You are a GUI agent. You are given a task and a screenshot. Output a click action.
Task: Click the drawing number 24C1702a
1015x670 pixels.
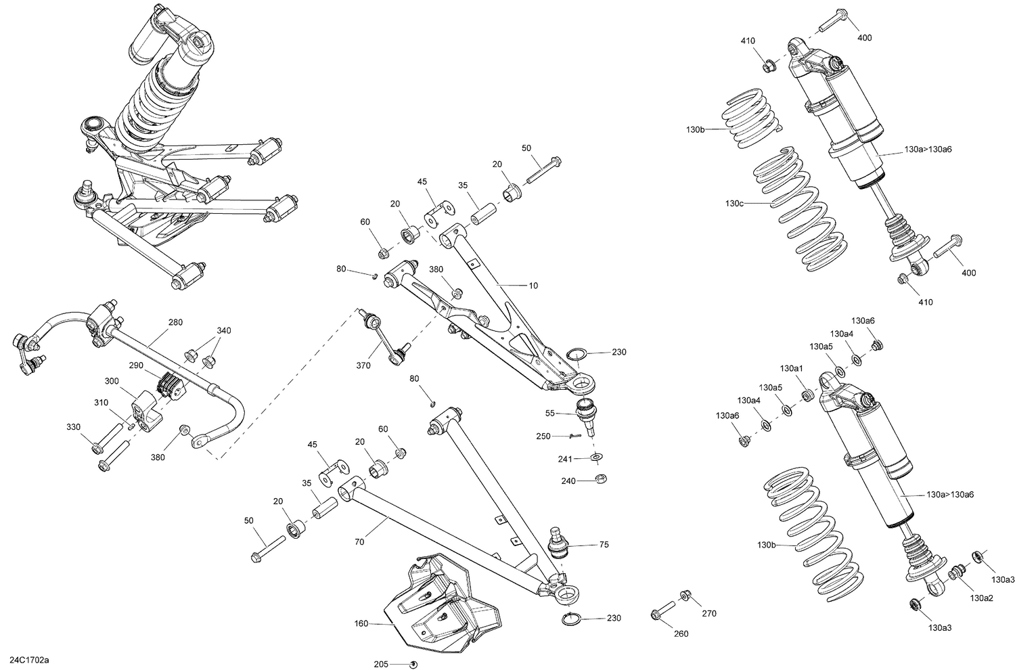pos(32,658)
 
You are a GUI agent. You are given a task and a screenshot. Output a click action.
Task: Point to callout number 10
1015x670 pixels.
pos(533,286)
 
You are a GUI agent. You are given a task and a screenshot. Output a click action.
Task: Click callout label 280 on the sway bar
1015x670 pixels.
pos(175,322)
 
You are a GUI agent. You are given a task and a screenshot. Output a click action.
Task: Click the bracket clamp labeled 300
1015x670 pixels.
pos(146,410)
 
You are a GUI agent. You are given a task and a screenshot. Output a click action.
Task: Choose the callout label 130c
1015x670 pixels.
pos(733,202)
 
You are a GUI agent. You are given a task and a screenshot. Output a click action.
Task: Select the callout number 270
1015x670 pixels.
pos(709,613)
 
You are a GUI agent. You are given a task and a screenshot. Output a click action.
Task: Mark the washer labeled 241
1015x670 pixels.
pos(596,458)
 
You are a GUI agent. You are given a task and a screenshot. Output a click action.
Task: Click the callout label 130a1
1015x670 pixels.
pos(791,368)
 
